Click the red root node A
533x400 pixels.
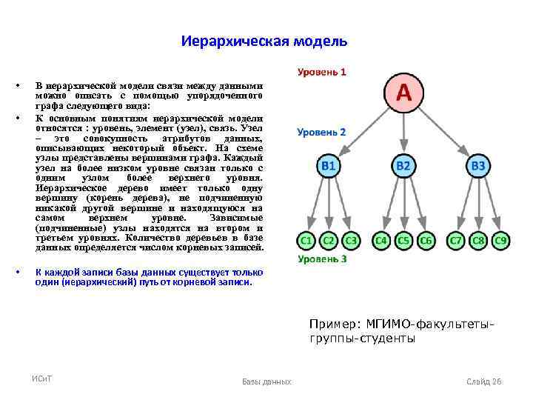pos(403,93)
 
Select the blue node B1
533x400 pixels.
pos(328,167)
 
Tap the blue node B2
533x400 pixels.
pos(403,167)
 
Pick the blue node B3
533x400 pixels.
pos(479,167)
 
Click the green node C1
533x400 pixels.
pos(306,241)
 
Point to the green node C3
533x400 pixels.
pos(351,241)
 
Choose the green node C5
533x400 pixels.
pos(403,241)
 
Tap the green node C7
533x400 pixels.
pos(457,241)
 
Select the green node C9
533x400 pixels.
pos(501,241)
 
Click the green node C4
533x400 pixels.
pos(381,241)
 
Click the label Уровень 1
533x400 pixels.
pos(322,73)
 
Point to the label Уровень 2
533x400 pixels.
pos(321,132)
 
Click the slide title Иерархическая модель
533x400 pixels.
pos(264,41)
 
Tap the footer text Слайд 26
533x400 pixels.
pos(484,381)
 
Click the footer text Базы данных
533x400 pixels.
pos(266,381)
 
